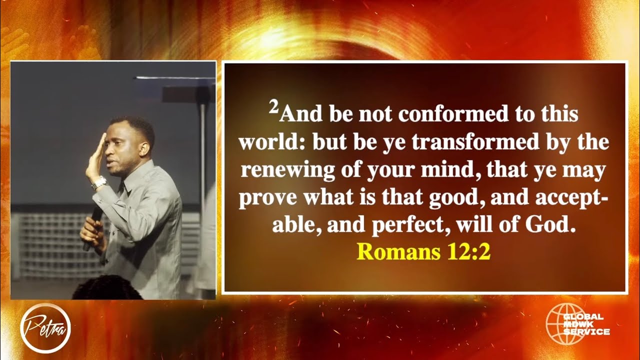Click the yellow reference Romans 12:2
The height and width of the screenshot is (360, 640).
pyautogui.click(x=424, y=252)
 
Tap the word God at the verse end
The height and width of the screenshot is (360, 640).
pyautogui.click(x=548, y=226)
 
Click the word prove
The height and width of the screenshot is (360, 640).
pyautogui.click(x=264, y=199)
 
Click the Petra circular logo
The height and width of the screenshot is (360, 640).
pyautogui.click(x=45, y=328)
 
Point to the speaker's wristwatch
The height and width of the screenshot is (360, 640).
pyautogui.click(x=99, y=182)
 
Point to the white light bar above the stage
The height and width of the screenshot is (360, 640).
pyautogui.click(x=175, y=77)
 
